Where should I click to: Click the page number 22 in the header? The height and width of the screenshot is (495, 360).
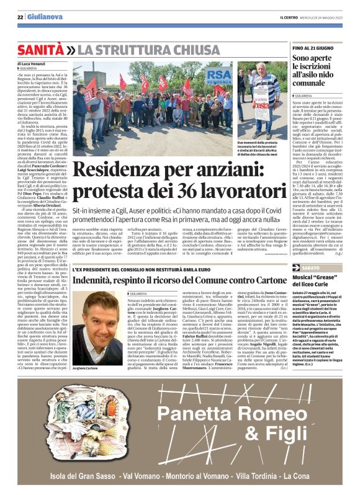coord(20,17)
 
